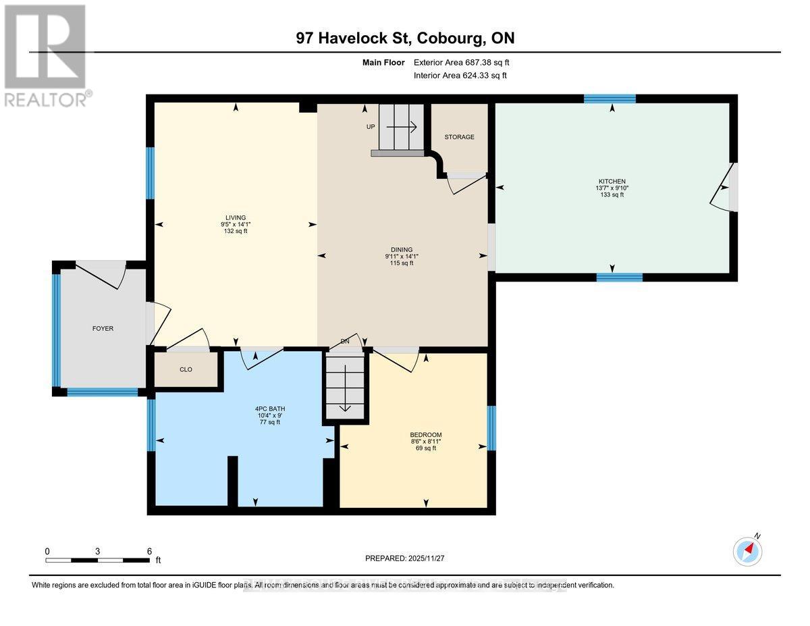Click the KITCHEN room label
[612, 181]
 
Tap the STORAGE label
[459, 137]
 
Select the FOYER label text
[103, 329]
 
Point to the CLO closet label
[186, 369]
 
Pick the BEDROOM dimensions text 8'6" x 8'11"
[425, 441]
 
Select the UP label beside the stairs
[370, 127]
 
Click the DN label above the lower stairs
[344, 342]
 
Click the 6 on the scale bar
[149, 551]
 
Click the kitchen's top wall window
[610, 99]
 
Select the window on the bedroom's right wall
[491, 427]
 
